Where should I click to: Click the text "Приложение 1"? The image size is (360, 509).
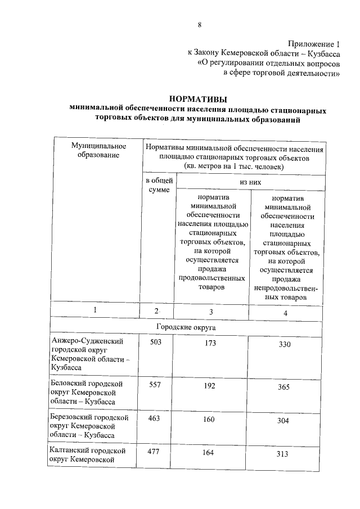pyautogui.click(x=314, y=43)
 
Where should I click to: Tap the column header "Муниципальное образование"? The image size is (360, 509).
pyautogui.click(x=98, y=150)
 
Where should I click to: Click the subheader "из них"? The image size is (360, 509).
pyautogui.click(x=250, y=182)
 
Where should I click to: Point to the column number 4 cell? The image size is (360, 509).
pyautogui.click(x=285, y=312)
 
